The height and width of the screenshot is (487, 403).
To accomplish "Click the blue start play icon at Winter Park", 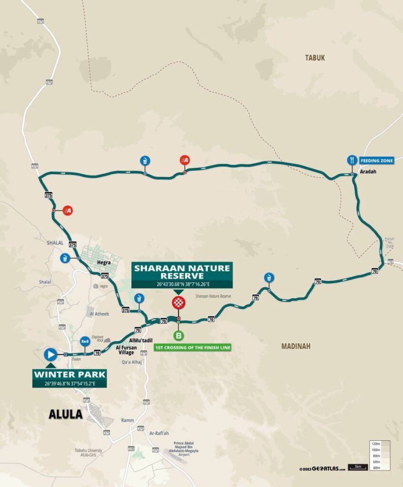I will [50, 354].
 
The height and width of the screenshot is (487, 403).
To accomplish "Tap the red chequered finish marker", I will [178, 303].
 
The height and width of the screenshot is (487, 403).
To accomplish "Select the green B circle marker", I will [178, 336].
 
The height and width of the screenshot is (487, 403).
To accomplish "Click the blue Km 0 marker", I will [85, 341].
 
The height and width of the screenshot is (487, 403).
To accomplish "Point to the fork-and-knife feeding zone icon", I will [352, 160].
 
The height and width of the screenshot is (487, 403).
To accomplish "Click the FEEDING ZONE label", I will [377, 161].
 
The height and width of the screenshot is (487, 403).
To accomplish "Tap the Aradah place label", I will [368, 172].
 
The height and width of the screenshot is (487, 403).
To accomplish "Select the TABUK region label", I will [315, 58].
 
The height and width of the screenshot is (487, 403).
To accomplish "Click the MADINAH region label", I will [295, 346].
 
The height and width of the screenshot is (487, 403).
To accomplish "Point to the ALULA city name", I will [66, 414].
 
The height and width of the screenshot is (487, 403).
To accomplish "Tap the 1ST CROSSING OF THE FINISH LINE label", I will [193, 348].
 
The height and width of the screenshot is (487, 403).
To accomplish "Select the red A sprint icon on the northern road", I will [185, 161].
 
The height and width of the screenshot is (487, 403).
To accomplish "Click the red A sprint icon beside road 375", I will [68, 210].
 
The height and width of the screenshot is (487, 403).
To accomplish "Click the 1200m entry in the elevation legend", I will [376, 443].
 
